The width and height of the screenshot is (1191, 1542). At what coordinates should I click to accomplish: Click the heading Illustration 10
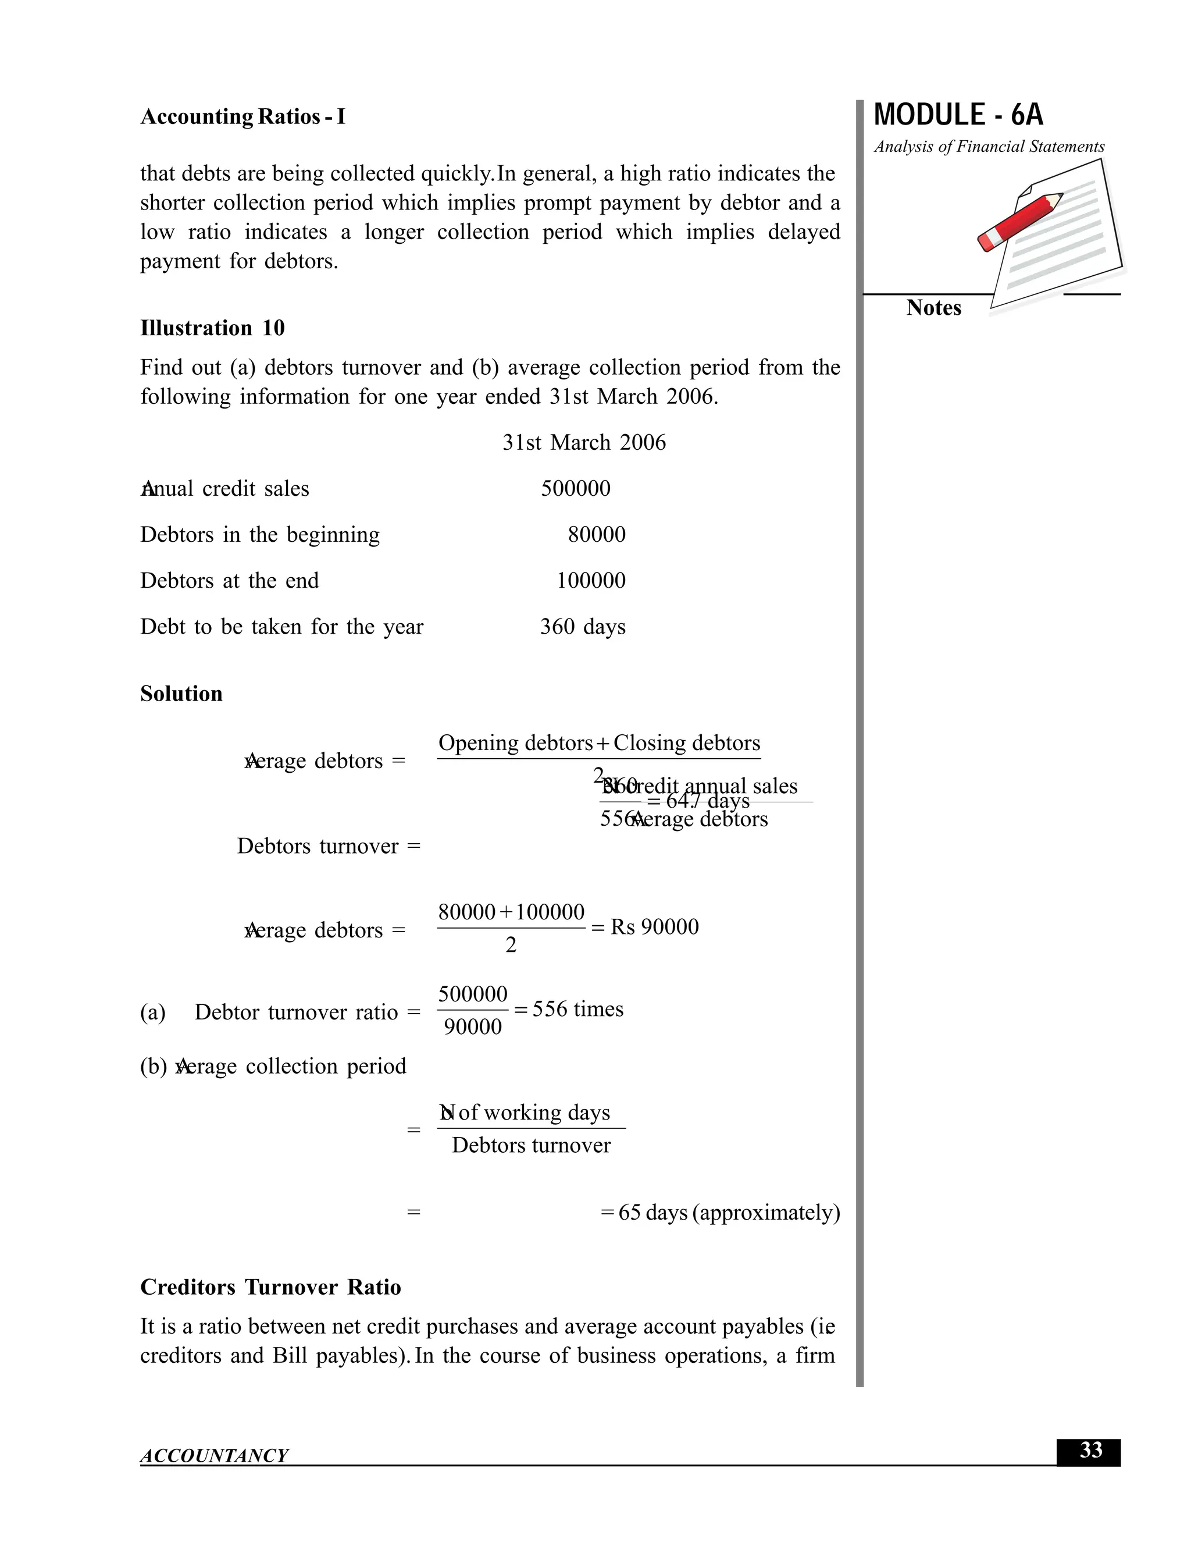point(212,328)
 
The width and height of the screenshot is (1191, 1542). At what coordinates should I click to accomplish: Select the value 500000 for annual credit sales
point(575,489)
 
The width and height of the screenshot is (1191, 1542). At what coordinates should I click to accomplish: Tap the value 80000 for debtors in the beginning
point(596,535)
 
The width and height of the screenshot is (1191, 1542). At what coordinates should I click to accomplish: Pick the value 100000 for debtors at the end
point(591,580)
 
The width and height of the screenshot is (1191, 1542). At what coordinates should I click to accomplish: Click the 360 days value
point(582,627)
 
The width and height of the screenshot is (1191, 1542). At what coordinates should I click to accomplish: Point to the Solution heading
point(181,694)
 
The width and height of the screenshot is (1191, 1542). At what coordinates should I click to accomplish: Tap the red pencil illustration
point(1019,221)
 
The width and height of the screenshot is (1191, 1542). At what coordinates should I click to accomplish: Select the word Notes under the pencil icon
point(933,308)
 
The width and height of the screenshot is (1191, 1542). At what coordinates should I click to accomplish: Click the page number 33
point(1090,1450)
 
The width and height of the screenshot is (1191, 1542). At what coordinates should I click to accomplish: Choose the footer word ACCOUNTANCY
point(215,1455)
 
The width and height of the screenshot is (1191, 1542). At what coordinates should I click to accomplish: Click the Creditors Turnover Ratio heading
point(270,1287)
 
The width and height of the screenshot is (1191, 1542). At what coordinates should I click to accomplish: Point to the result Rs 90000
point(654,927)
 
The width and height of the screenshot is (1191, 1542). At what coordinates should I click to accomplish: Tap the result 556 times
point(577,1009)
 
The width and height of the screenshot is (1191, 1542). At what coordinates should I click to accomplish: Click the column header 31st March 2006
point(583,443)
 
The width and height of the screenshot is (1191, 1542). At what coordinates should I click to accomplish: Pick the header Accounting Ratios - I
point(243,116)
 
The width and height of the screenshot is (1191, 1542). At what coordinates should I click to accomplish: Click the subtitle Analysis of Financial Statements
point(989,147)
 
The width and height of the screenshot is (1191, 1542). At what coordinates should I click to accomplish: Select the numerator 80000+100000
point(511,912)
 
